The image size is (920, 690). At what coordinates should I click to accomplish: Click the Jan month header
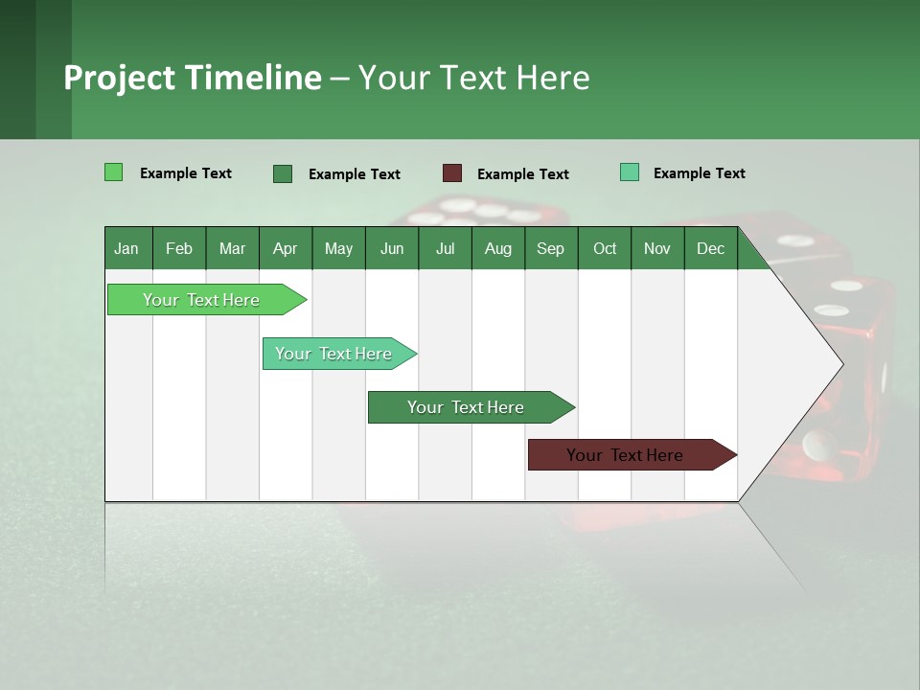coord(126,248)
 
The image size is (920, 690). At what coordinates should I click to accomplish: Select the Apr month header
coord(285,248)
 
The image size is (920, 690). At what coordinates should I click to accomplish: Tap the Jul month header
coord(445,248)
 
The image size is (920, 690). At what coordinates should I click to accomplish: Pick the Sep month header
coord(550,248)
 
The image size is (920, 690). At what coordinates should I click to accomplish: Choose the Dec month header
coord(710,248)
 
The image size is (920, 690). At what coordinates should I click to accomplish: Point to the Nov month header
coord(656,248)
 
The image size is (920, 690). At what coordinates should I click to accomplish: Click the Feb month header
coord(179,248)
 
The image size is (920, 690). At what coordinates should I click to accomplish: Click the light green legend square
coord(113,172)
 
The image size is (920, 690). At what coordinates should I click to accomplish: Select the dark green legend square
coord(282,173)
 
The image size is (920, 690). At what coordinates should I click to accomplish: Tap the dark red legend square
coord(452,173)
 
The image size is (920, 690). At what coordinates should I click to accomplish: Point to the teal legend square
coord(629,172)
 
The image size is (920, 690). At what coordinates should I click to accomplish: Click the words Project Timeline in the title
coord(192,78)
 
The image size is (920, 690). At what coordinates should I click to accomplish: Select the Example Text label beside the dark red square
coord(522,174)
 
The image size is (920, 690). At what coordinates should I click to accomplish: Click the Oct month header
coord(605,248)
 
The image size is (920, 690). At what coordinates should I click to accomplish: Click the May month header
coord(338,248)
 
